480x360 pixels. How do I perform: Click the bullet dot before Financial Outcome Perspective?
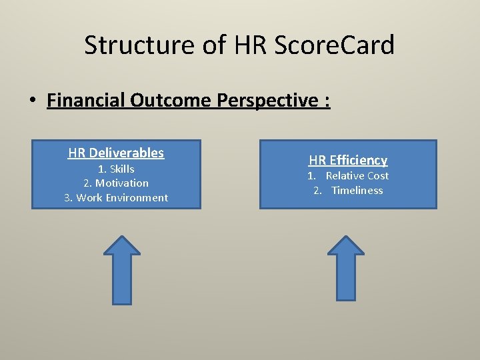[x=31, y=101]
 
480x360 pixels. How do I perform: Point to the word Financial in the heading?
[x=86, y=101]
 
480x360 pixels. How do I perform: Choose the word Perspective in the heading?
[x=262, y=101]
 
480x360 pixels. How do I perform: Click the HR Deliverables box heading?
[x=116, y=153]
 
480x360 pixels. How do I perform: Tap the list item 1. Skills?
[x=116, y=169]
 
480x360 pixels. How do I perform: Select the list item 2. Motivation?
[x=116, y=183]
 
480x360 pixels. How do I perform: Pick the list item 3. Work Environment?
[x=116, y=197]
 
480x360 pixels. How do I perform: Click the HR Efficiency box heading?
[x=347, y=160]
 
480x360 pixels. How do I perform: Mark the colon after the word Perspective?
[x=327, y=101]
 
